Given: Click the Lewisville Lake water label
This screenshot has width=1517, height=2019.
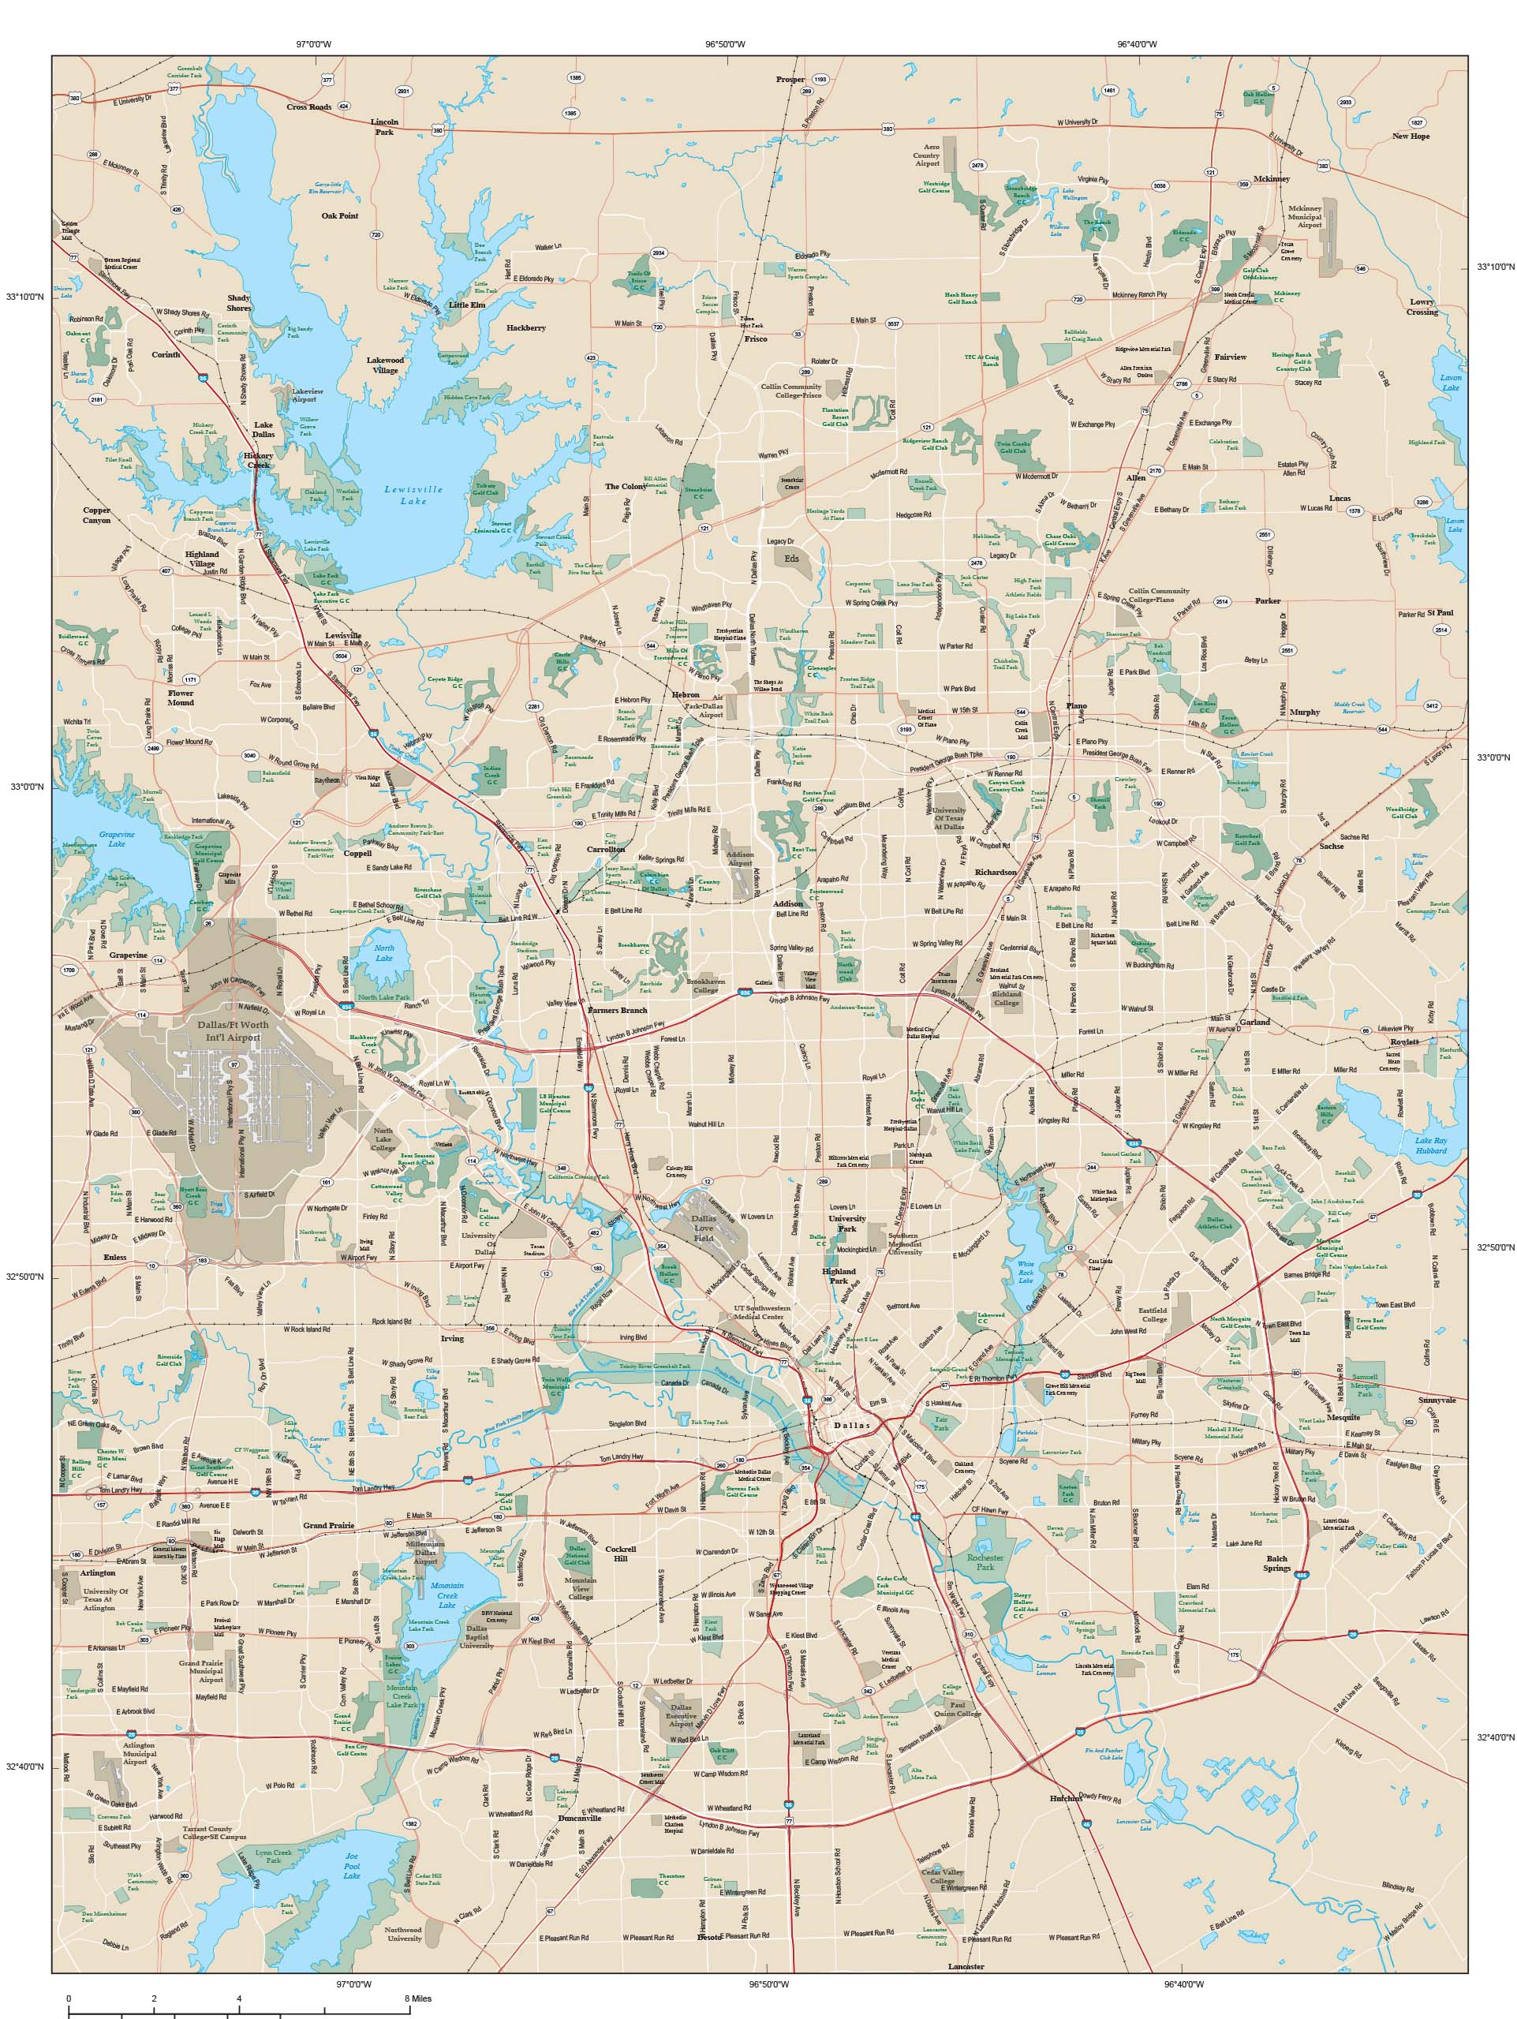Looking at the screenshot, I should (413, 495).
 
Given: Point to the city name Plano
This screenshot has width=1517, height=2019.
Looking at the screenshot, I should (1076, 705).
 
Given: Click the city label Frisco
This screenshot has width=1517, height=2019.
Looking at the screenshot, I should (756, 338).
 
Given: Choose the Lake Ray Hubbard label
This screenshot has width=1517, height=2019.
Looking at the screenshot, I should (1430, 1146).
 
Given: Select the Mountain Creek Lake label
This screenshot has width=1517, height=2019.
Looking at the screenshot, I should (447, 1595).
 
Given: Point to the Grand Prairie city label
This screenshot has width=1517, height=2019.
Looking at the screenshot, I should (327, 1524).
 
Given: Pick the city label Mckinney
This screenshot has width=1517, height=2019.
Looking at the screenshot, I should (1272, 179).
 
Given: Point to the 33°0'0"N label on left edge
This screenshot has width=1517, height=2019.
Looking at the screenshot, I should (25, 786).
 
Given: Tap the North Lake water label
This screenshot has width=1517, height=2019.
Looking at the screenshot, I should (384, 954).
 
